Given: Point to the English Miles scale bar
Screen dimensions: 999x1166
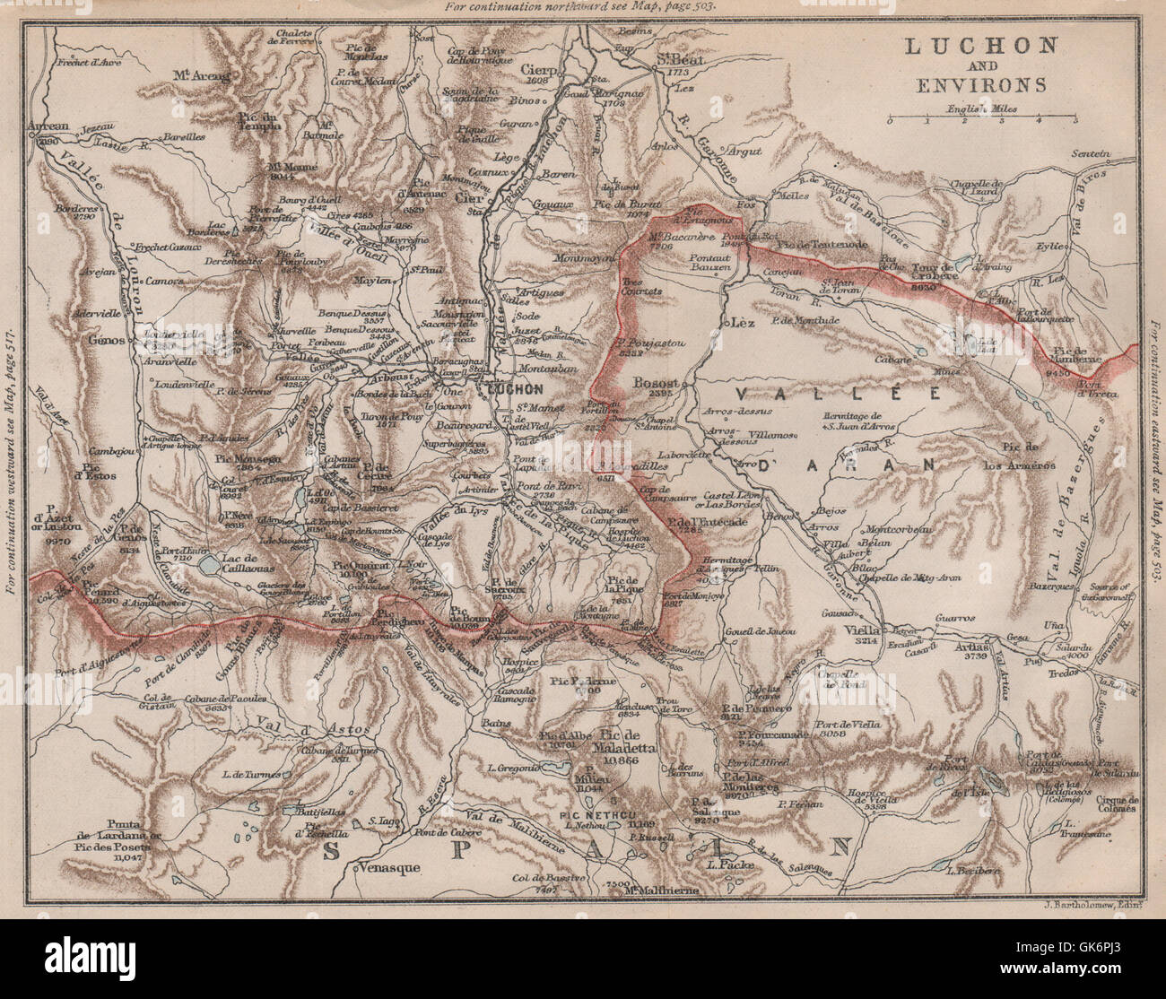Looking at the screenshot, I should [983, 118].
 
